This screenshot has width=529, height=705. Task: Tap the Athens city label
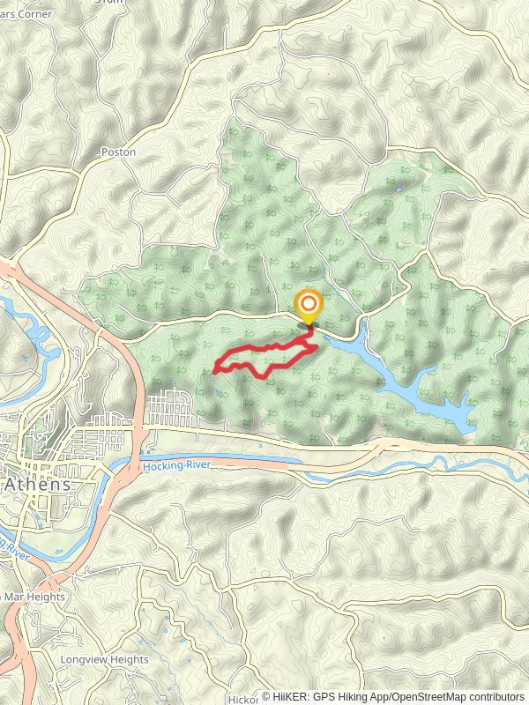[x=37, y=486]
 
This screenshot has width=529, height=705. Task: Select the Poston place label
[x=118, y=152]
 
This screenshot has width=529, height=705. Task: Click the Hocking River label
[x=178, y=466]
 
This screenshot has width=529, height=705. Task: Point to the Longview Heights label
[x=104, y=659]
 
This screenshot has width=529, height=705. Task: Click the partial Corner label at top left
[x=26, y=14]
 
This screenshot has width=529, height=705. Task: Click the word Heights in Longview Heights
[x=129, y=659]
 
